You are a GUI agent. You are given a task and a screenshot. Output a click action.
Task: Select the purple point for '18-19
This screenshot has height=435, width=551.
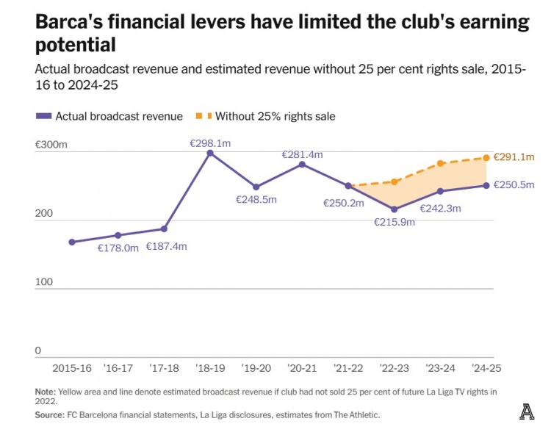tap(210, 153)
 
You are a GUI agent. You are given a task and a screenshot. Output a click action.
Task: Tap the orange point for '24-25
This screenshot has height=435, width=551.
tap(486, 157)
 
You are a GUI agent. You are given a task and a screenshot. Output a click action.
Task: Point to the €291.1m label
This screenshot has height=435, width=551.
tap(514, 157)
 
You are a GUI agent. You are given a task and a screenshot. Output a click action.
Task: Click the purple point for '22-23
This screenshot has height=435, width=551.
tap(394, 209)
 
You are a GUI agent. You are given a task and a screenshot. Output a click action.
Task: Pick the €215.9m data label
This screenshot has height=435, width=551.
tap(395, 222)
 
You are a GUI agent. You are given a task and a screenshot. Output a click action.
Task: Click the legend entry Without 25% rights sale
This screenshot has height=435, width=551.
tap(276, 116)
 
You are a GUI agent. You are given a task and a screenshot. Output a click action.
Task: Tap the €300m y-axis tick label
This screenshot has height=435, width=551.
tap(51, 145)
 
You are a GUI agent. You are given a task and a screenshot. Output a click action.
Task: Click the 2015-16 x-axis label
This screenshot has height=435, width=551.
tap(71, 368)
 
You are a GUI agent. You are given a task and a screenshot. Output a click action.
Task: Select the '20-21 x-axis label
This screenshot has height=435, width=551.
tap(302, 368)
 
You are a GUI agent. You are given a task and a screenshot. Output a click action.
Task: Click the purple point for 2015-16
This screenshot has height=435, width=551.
tap(72, 242)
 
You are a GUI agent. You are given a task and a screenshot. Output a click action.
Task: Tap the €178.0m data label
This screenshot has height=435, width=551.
tap(118, 248)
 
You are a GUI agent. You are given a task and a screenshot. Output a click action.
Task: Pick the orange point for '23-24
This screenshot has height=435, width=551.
tap(440, 163)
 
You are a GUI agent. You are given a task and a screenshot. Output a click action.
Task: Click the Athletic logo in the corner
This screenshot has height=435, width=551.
tap(526, 411)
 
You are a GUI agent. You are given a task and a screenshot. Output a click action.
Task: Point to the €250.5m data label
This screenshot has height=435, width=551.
tap(514, 185)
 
